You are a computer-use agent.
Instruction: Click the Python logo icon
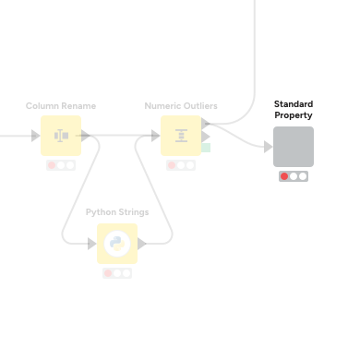tap(116, 244)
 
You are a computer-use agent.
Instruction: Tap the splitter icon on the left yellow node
tap(61, 136)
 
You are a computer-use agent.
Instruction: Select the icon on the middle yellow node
tap(181, 136)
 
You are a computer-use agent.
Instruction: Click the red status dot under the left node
tap(52, 165)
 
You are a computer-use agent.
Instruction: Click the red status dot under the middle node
tap(172, 165)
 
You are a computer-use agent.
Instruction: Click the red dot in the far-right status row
tap(284, 176)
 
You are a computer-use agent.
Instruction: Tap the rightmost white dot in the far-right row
tap(303, 176)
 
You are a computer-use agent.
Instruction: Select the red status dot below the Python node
tap(108, 273)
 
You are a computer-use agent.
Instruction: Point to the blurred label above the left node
tap(61, 106)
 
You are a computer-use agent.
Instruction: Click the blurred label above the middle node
tap(181, 106)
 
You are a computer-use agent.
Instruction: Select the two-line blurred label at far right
tap(293, 110)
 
